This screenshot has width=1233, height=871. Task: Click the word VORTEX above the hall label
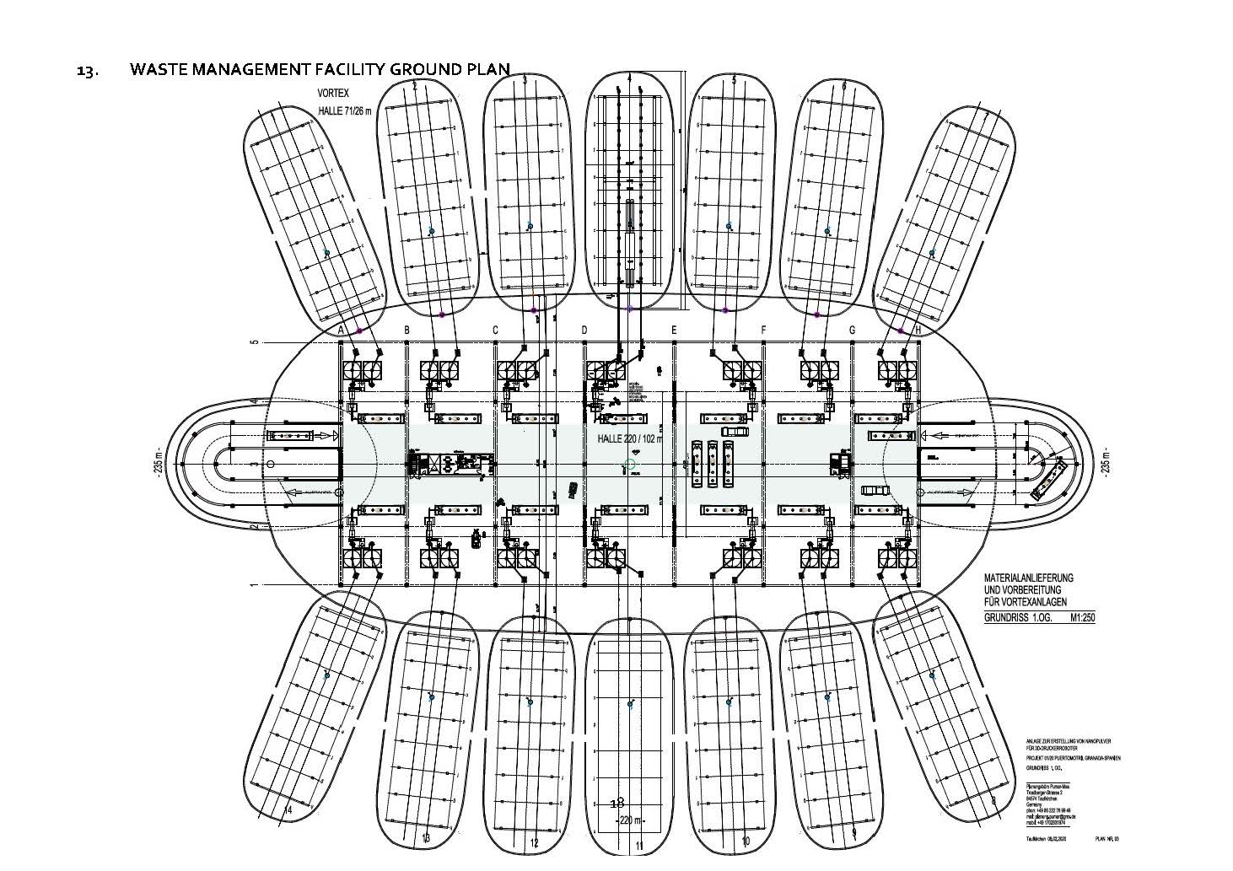coord(334,94)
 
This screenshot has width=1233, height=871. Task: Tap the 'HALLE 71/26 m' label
coord(344,111)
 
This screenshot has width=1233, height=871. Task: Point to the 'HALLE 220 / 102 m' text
coord(628,438)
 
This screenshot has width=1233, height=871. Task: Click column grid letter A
coord(340,331)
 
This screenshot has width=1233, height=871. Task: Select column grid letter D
coord(584,331)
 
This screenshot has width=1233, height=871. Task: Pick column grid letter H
coord(918,331)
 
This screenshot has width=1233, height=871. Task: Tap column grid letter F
coord(764,331)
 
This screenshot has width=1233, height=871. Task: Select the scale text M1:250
coord(1076,617)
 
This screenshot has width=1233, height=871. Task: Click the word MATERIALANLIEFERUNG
coord(1028,578)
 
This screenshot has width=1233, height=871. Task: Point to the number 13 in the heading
coord(85,71)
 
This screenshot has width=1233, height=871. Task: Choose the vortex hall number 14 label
coord(289,810)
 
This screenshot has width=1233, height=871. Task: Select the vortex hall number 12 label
coord(533,842)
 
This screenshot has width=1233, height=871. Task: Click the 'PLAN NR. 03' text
coord(1111,839)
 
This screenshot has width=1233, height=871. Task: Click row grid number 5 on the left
coord(251,342)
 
